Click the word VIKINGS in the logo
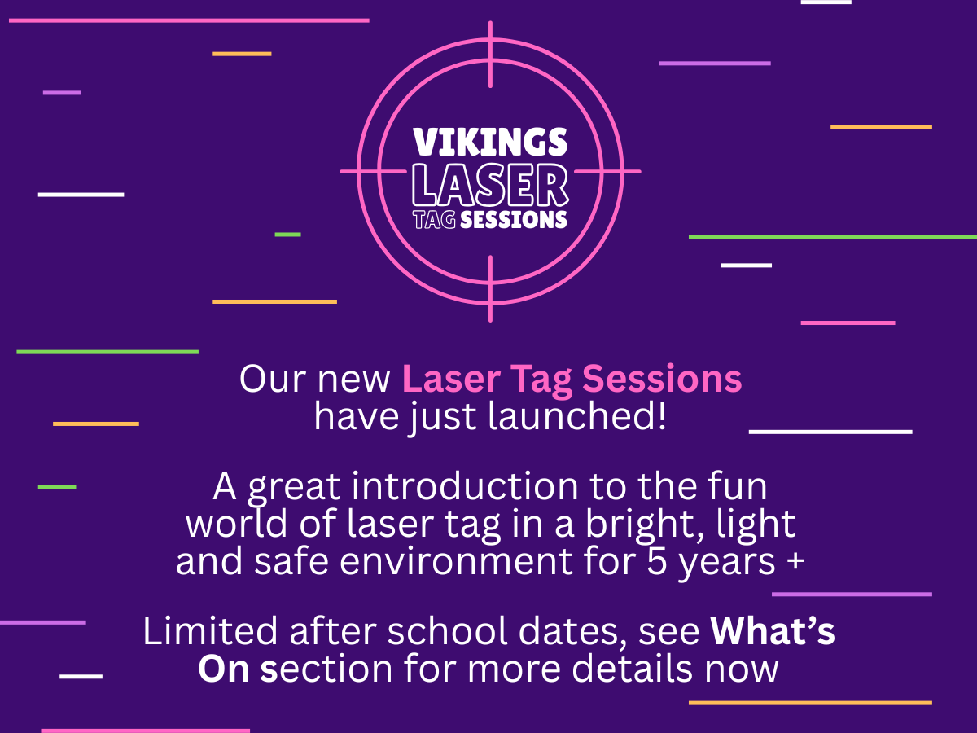[x=490, y=142]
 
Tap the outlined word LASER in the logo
[x=490, y=185]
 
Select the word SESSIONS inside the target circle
[x=514, y=220]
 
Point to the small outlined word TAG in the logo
[x=434, y=220]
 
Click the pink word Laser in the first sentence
[x=451, y=380]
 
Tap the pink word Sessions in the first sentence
[x=662, y=380]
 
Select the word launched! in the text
[x=577, y=416]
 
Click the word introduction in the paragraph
[x=465, y=487]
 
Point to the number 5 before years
[x=657, y=562]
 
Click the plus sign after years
[x=795, y=560]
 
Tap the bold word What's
[x=773, y=631]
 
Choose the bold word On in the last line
[x=223, y=669]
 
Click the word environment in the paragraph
[x=456, y=562]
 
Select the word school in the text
[x=447, y=631]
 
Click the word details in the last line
[x=632, y=669]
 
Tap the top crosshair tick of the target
[x=490, y=55]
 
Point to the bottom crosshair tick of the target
[x=490, y=289]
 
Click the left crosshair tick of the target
[x=373, y=172]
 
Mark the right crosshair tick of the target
[x=607, y=172]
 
